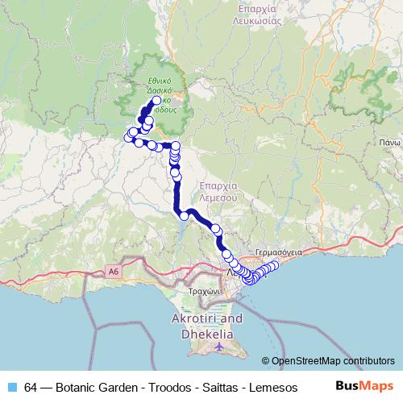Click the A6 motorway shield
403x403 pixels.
[111, 273]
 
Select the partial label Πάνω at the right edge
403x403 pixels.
[390, 140]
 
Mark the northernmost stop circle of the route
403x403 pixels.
[156, 102]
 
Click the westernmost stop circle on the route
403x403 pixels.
[128, 138]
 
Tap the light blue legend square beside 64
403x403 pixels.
[14, 387]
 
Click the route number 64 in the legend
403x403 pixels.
[31, 387]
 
